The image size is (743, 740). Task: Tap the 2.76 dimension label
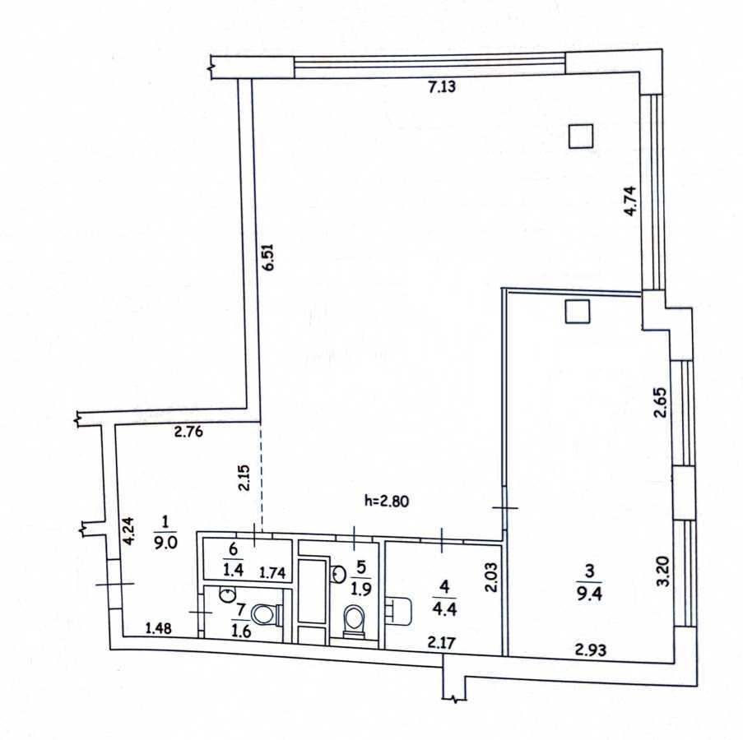click(x=188, y=429)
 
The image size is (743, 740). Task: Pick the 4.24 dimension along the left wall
click(x=128, y=530)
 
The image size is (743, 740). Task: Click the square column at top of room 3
click(x=578, y=312)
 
